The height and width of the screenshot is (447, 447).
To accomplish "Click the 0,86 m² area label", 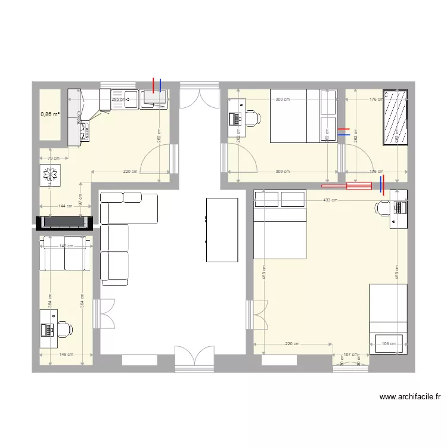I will (50, 114).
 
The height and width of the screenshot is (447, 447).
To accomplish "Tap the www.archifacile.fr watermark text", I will (412, 396).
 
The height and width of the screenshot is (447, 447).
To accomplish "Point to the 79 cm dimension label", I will (53, 159).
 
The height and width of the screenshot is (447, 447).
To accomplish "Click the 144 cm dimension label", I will (66, 206).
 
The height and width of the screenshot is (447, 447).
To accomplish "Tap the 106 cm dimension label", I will (389, 344).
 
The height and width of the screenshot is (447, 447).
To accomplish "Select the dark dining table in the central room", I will (222, 229).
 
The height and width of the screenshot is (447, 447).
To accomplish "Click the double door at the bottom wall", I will (194, 359).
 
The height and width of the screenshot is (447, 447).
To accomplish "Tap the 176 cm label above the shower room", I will (375, 100).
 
